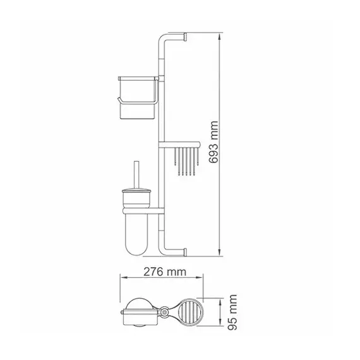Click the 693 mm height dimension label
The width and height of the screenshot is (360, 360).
(213, 142)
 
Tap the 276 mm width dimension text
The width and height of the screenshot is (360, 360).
(165, 272)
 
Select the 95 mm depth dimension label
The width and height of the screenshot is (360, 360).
(232, 313)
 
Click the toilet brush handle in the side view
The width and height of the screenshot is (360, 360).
(136, 175)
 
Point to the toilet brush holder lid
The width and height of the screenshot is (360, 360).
(136, 191)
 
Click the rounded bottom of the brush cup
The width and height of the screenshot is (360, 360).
(136, 249)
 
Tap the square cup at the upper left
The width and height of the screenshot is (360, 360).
(138, 97)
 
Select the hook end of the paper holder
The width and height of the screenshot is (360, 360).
(119, 100)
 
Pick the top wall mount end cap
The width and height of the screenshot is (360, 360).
(185, 37)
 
